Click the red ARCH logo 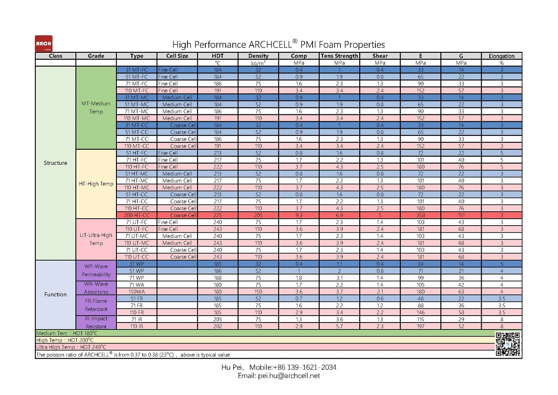point(44,43)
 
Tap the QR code point(508,344)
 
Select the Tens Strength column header point(339,56)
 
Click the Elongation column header point(501,56)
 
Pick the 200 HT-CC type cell point(136,215)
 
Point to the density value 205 point(259,215)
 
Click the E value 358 point(421,215)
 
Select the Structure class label point(55,163)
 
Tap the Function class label point(55,295)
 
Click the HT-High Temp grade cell point(96,184)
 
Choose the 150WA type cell point(136,292)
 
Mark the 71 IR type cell point(136,319)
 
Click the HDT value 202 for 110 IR point(218,326)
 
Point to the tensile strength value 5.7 point(339,326)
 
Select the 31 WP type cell point(136,264)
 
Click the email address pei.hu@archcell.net point(289,376)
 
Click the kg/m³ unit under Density point(259,63)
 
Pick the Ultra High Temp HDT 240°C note point(71,347)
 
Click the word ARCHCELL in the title point(270,45)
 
